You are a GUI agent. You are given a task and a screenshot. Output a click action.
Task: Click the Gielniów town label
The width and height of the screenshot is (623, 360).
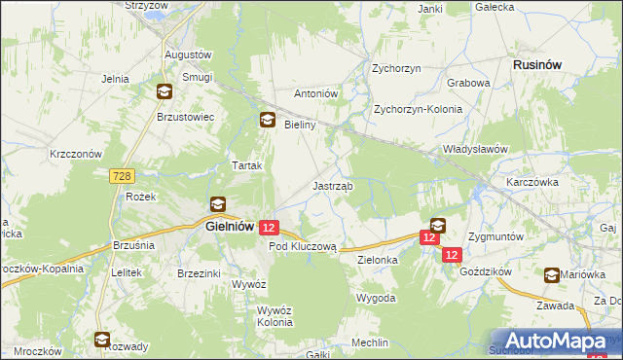[231, 226]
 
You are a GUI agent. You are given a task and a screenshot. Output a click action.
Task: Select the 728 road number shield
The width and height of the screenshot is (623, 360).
[121, 175]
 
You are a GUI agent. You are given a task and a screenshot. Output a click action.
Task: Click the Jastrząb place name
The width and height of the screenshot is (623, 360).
[333, 185]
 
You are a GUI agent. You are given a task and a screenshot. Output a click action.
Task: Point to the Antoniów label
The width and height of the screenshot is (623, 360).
[315, 93]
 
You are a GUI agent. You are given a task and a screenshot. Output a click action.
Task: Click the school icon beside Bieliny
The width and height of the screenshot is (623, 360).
[266, 121]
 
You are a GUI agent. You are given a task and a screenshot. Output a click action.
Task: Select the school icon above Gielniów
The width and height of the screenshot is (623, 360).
[218, 204]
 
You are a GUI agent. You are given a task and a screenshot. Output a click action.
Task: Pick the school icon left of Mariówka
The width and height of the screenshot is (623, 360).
[553, 275]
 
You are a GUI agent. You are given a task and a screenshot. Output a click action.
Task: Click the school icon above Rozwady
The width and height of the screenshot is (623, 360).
[102, 340]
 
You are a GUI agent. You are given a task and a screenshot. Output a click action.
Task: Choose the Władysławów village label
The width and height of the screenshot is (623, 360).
[477, 149]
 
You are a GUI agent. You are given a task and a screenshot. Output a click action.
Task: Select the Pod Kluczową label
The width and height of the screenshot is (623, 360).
[303, 247]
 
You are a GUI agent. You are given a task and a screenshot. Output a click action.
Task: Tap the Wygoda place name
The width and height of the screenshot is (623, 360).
[376, 297]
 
